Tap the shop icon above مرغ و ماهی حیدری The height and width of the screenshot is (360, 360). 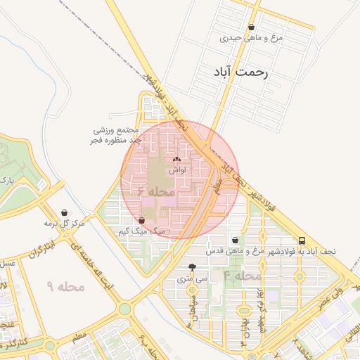pos(252,27)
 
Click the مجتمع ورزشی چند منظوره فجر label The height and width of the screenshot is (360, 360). pos(118,135)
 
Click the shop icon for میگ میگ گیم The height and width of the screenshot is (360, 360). pos(143,221)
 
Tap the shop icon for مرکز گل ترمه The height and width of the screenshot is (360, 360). pos(65,212)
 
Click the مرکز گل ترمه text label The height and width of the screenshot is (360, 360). pos(65,223)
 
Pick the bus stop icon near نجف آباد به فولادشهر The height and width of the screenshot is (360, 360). pos(302,240)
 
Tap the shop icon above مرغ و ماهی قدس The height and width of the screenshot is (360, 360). pos(235,240)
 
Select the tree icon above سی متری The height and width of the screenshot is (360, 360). pos(193,267)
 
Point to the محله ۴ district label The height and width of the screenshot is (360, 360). pos(243,275)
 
